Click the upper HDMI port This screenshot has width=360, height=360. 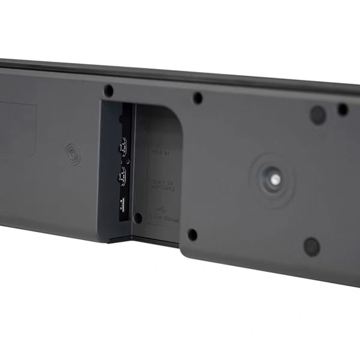[x=124, y=146]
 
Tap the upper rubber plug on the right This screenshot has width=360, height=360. [x=317, y=115]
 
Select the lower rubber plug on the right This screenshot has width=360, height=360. [x=311, y=246]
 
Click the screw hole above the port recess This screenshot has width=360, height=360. [x=109, y=91]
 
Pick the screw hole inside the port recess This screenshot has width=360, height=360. [x=138, y=218]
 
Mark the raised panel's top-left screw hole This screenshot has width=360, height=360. [x=197, y=98]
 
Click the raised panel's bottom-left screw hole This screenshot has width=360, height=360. [x=192, y=234]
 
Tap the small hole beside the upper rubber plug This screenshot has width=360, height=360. [x=343, y=110]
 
